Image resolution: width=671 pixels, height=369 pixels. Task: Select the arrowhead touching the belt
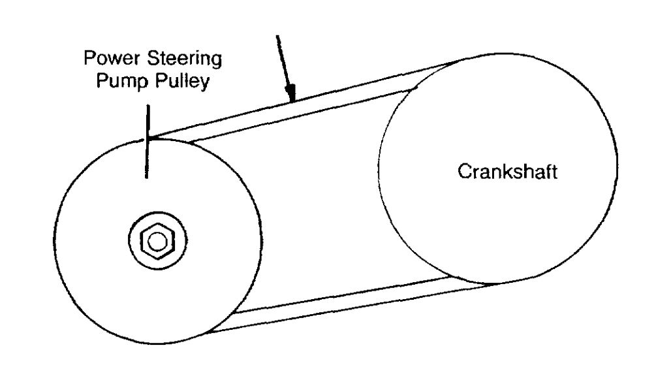[x=291, y=95]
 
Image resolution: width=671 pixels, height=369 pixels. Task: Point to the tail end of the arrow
[x=279, y=35]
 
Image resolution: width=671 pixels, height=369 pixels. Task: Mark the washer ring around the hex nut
[x=141, y=241]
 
